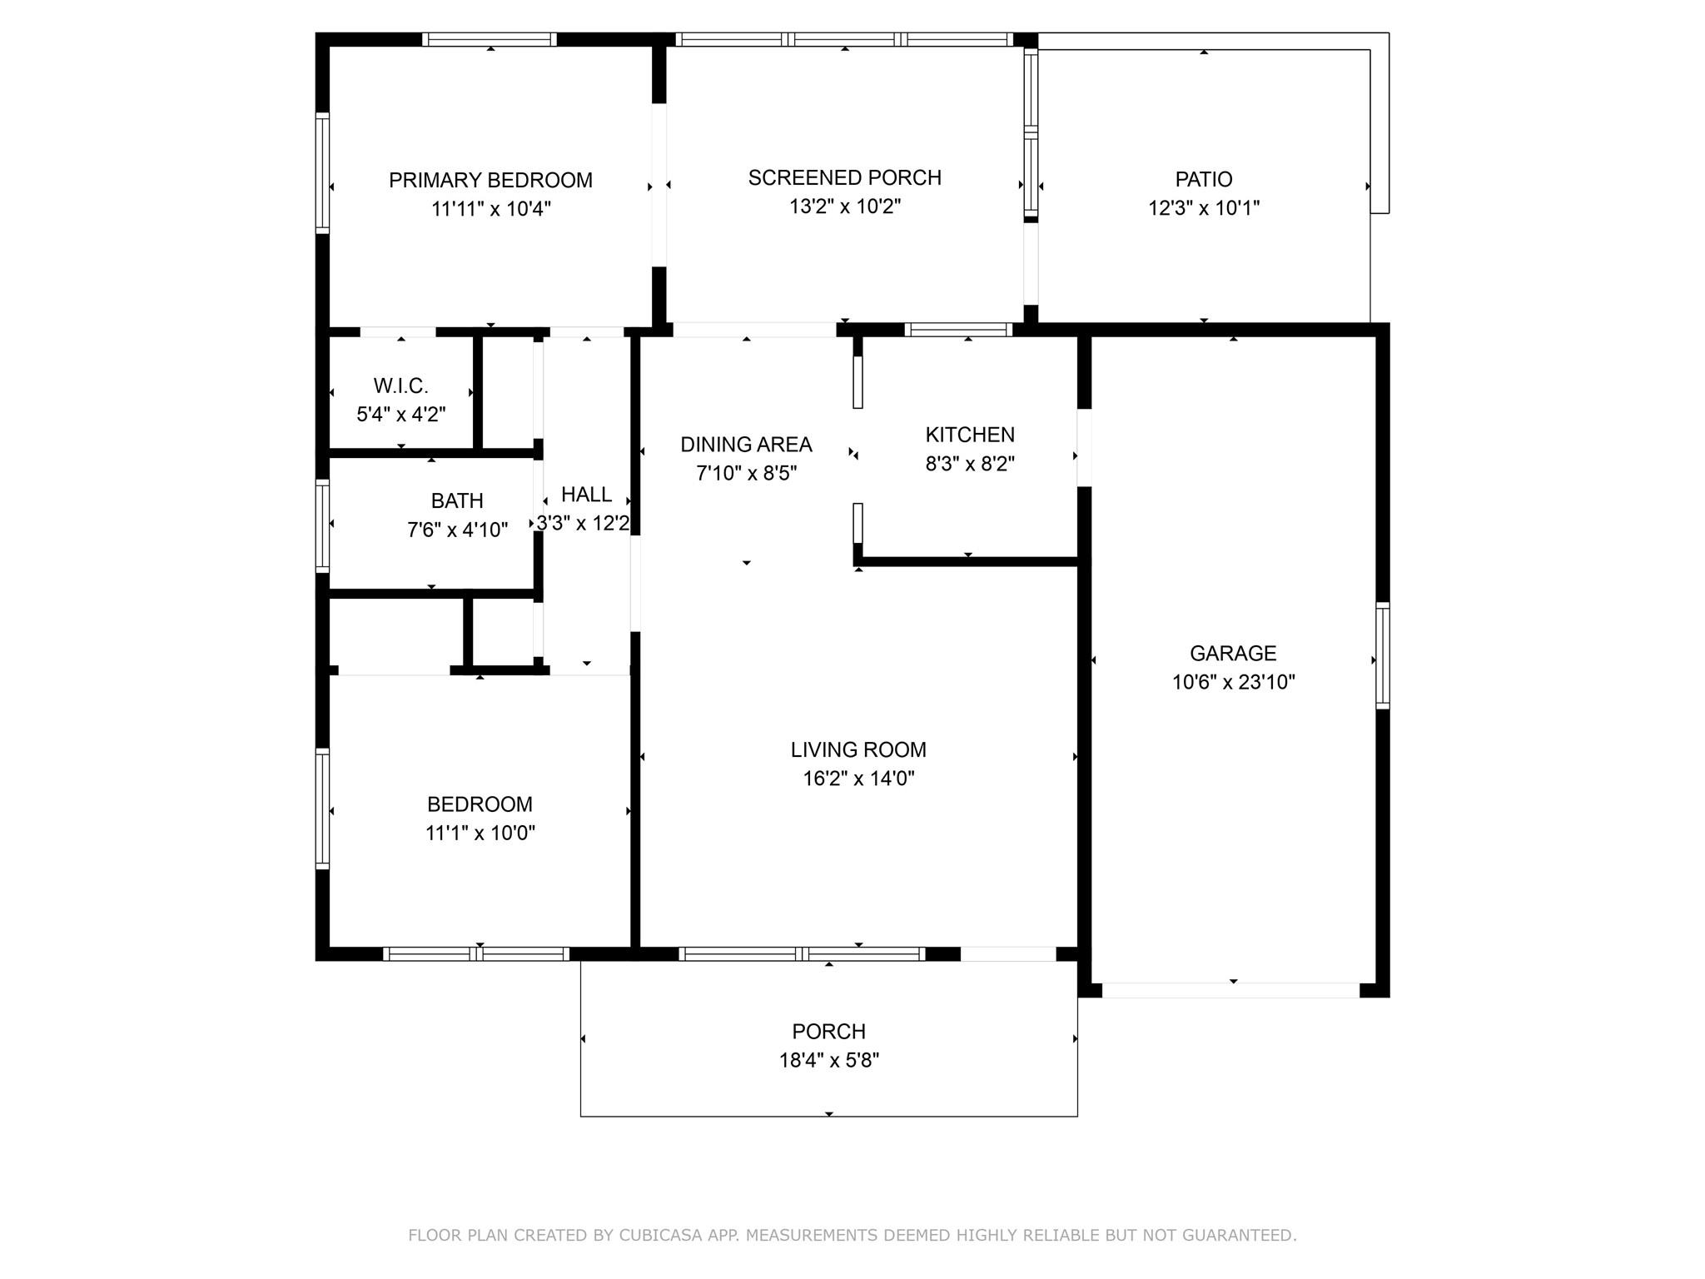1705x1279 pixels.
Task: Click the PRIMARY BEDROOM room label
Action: pyautogui.click(x=490, y=180)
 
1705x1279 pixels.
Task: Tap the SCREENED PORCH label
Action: pyautogui.click(x=844, y=177)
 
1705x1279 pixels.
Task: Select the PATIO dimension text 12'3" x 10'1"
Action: pyautogui.click(x=1204, y=208)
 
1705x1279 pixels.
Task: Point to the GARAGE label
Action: pyautogui.click(x=1233, y=653)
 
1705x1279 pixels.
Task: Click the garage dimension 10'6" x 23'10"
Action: pyautogui.click(x=1233, y=682)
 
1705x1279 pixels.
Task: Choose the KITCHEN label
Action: pyautogui.click(x=970, y=435)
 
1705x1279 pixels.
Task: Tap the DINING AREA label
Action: pyautogui.click(x=746, y=445)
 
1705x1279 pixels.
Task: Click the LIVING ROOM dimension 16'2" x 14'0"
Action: pyautogui.click(x=858, y=779)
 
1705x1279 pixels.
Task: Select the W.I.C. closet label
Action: pyautogui.click(x=400, y=386)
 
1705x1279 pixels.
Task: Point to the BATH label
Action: pyautogui.click(x=457, y=500)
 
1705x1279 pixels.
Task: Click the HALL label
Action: pyautogui.click(x=586, y=495)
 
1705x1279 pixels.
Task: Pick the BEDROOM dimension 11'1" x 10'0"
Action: pyautogui.click(x=480, y=833)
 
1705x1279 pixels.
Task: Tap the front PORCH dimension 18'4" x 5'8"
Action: pyautogui.click(x=829, y=1060)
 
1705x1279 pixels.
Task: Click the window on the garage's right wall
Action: pyautogui.click(x=1383, y=655)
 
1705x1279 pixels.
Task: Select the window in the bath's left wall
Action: pyautogui.click(x=322, y=525)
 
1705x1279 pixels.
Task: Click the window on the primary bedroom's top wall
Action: pyautogui.click(x=490, y=39)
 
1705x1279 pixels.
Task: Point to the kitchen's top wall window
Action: pyautogui.click(x=959, y=330)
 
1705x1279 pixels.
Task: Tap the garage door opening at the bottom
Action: pyautogui.click(x=1230, y=990)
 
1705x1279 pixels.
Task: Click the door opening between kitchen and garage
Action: pyautogui.click(x=1084, y=448)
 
